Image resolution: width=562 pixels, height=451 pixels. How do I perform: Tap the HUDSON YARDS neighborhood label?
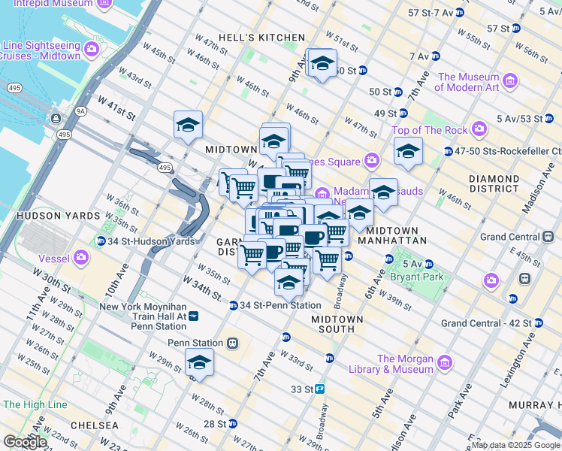[x=40, y=215]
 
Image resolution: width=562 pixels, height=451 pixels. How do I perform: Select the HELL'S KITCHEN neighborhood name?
[x=261, y=38]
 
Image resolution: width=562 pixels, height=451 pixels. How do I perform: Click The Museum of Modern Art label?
[x=469, y=82]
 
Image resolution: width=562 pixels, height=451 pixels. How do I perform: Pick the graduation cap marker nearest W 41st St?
[x=188, y=124]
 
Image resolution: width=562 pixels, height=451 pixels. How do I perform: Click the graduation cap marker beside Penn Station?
[x=199, y=362]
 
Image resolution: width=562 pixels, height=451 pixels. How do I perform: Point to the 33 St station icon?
[x=319, y=389]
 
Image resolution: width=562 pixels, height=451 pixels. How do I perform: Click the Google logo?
[x=24, y=442]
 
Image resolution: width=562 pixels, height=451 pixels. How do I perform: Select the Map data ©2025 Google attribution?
[x=515, y=445]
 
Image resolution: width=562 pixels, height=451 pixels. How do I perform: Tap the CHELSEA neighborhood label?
[x=94, y=425]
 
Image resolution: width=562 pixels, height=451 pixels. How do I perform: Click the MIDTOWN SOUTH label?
[x=337, y=324]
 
